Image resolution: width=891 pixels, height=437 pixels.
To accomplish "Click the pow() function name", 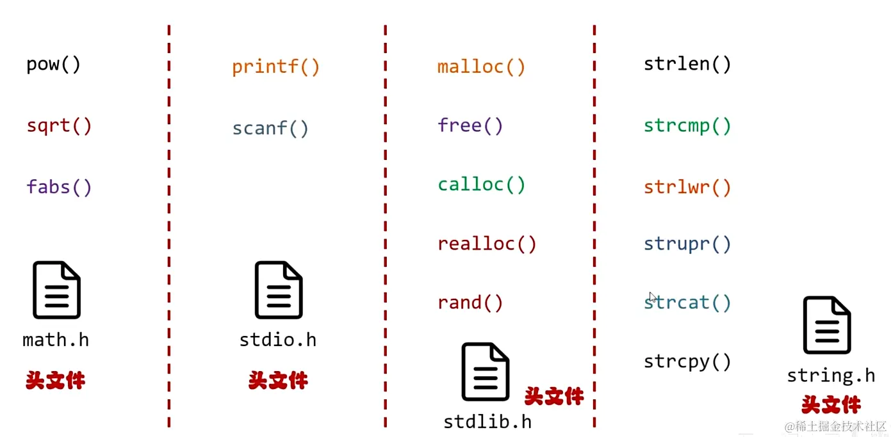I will tap(54, 65).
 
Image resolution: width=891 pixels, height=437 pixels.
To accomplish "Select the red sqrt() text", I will tap(60, 125).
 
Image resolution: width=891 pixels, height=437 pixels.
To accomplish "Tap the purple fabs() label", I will tap(60, 187).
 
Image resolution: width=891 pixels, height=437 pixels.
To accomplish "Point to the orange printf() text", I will tap(275, 67).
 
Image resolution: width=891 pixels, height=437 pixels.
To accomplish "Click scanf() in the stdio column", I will tap(270, 129).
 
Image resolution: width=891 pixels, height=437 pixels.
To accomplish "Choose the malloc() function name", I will tap(481, 67).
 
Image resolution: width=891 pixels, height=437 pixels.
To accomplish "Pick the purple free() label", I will tap(470, 125).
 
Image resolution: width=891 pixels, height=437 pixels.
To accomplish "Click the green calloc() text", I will tap(481, 185).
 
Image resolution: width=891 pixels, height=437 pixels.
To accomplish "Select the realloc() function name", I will tap(487, 244).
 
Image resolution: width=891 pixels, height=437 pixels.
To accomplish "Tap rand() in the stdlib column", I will tap(470, 303).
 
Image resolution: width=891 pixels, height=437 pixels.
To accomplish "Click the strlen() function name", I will tap(687, 64).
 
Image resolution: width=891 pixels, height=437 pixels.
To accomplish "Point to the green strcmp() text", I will tap(687, 125).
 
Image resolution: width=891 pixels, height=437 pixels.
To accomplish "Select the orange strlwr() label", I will tap(687, 187).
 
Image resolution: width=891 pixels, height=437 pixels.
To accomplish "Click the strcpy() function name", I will tap(687, 362).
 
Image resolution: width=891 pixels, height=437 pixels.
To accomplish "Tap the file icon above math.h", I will tap(56, 290).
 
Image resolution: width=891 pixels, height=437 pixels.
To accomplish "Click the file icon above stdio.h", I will tap(279, 290).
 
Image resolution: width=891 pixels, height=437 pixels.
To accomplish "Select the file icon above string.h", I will tap(827, 325).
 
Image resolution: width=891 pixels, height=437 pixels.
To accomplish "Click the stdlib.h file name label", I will tap(487, 422).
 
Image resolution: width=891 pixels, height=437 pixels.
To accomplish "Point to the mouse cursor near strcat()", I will tap(652, 298).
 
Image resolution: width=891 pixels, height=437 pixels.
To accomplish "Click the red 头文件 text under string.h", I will tap(831, 404).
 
